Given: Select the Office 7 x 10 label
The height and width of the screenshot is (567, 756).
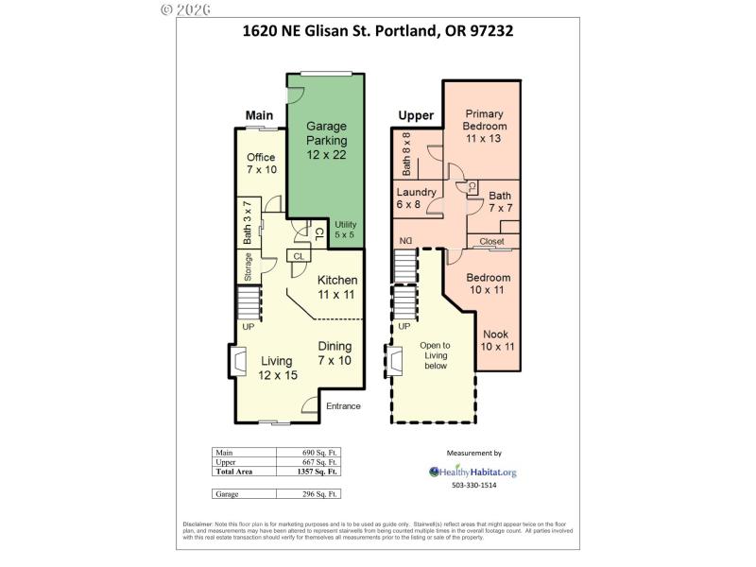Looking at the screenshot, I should tap(261, 163).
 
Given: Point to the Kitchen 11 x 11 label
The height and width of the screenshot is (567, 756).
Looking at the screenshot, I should tap(337, 287).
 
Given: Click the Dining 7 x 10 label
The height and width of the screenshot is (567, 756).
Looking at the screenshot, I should tap(335, 353).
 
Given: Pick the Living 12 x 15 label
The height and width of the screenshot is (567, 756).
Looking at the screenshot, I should tap(278, 368).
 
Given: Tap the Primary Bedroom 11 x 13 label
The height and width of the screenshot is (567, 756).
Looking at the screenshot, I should tap(486, 126).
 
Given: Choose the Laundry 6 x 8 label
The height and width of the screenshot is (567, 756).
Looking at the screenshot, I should tap(416, 198).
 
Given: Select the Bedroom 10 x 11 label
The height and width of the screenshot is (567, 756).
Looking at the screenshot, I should tap(489, 284).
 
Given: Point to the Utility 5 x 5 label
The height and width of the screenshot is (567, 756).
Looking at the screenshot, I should tap(346, 229).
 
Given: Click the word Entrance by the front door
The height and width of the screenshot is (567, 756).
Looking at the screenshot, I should tap(343, 406).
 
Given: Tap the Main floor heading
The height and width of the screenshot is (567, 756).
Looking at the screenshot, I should tap(259, 115).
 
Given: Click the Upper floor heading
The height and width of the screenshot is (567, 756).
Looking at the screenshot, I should tap(415, 116).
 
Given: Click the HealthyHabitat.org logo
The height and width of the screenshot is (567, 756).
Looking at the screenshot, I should tap(472, 471).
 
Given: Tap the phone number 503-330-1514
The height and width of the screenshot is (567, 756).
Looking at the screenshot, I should tap(473, 485).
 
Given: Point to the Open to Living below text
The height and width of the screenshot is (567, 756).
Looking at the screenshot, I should tap(435, 355).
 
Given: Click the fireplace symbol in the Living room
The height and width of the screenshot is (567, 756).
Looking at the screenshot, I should tap(235, 361).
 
